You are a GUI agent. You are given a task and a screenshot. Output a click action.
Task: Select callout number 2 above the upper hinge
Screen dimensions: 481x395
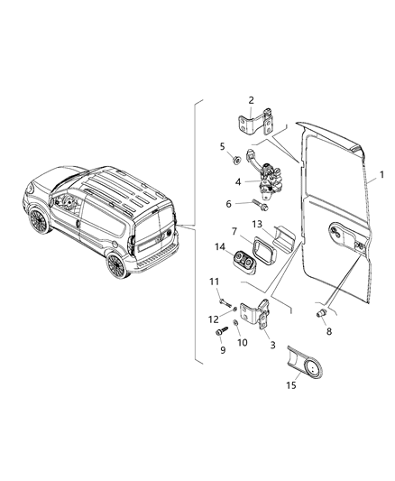pos(251,99)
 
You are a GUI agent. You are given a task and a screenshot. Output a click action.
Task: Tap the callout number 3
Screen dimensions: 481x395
pos(271,344)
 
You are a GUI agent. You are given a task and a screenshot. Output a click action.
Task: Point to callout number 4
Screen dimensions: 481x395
pos(239,182)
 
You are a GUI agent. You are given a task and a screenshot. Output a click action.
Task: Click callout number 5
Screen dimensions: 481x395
pos(223,145)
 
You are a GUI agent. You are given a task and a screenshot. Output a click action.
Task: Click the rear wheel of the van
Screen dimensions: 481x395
pos(115,264)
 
